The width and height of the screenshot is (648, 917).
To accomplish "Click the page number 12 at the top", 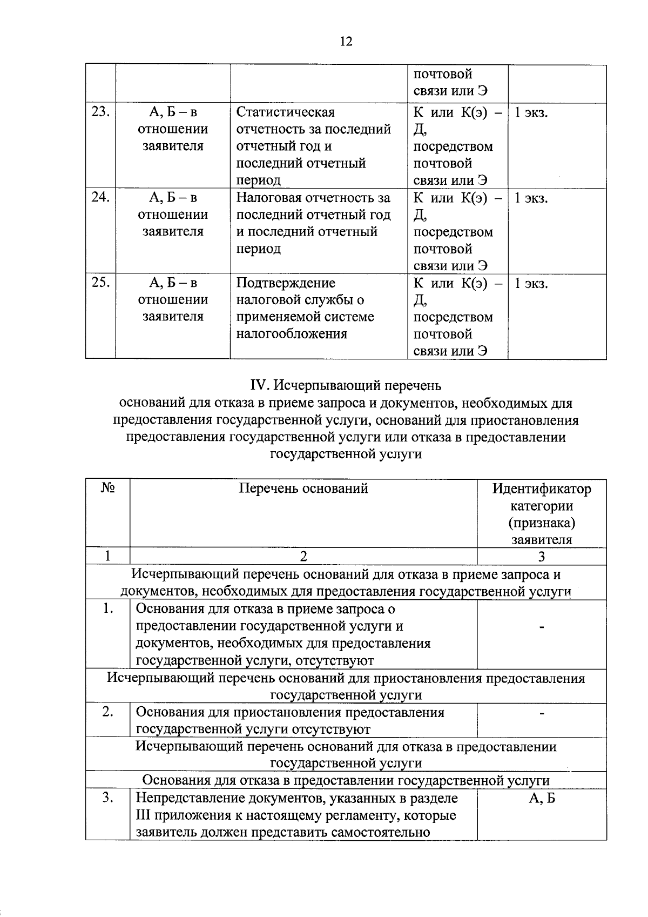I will pos(346,41).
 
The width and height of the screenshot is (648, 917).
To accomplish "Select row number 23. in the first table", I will pos(100,112).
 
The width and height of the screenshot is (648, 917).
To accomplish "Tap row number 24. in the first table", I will pos(100,197).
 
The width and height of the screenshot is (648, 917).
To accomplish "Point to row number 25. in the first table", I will pos(100,282).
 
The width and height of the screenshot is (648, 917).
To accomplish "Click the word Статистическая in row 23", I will pos(286,112).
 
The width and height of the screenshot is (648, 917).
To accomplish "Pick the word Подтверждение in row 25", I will pos(286,283).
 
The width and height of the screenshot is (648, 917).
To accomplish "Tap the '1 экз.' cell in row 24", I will pos(531,198).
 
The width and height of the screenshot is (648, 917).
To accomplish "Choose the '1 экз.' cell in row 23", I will pos(531,113).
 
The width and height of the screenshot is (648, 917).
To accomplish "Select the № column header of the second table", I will pos(107,488).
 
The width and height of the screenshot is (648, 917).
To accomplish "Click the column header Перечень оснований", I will pos(303,488).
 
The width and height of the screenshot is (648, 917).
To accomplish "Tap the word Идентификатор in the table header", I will pos(542,489).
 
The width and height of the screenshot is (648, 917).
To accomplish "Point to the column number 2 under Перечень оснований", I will pos(303,557).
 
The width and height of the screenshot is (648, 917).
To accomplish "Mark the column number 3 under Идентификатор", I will pos(542,557).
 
